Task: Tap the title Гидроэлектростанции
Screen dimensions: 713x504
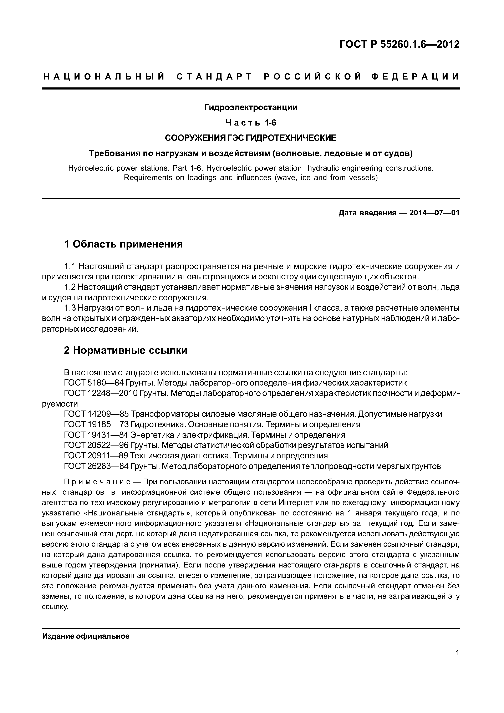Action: pyautogui.click(x=251, y=107)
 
